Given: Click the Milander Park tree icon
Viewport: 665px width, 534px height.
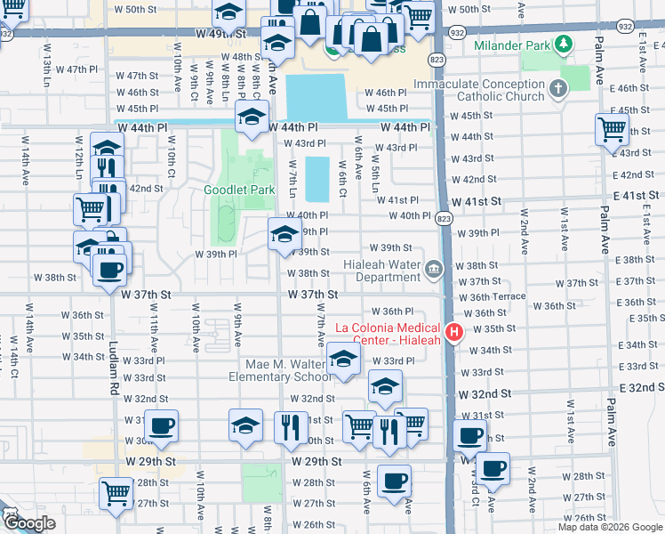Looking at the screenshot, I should click(562, 44).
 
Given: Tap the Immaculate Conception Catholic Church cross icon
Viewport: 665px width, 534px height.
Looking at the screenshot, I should click(557, 88).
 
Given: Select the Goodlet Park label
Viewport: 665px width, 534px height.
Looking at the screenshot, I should click(238, 190).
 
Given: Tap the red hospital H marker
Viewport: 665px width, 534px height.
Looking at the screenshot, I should click(454, 333).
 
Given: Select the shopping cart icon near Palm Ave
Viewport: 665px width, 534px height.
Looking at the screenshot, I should click(613, 129).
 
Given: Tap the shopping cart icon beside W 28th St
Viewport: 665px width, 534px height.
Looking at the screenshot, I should click(116, 494).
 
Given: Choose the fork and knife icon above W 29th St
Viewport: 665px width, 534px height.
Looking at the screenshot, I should click(291, 428).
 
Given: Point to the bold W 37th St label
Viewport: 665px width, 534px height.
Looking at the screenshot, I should click(313, 295).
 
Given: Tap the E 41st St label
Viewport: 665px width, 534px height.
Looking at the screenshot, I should click(630, 195).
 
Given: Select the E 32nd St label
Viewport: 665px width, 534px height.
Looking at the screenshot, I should click(636, 387).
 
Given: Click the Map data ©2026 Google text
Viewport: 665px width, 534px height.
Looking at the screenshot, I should click(610, 527).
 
